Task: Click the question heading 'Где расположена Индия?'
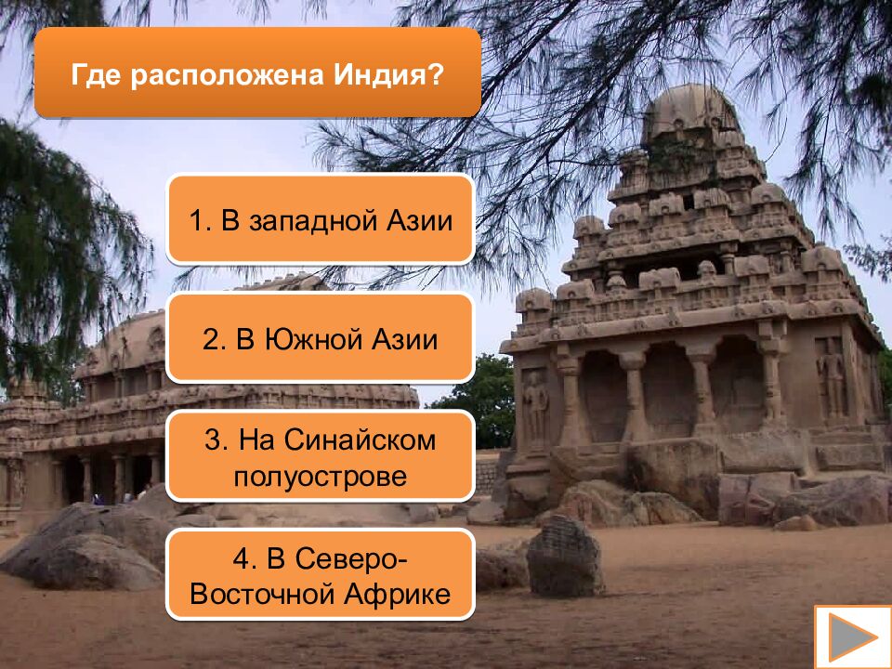pyautogui.click(x=257, y=73)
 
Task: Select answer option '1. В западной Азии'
pyautogui.click(x=321, y=220)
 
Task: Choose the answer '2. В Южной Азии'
pyautogui.click(x=321, y=338)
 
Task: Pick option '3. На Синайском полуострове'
pyautogui.click(x=321, y=457)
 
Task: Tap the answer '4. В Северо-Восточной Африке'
pyautogui.click(x=321, y=575)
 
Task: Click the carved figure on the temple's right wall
pyautogui.click(x=832, y=376)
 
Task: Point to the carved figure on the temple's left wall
pyautogui.click(x=535, y=404)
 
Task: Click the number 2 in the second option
pyautogui.click(x=210, y=338)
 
